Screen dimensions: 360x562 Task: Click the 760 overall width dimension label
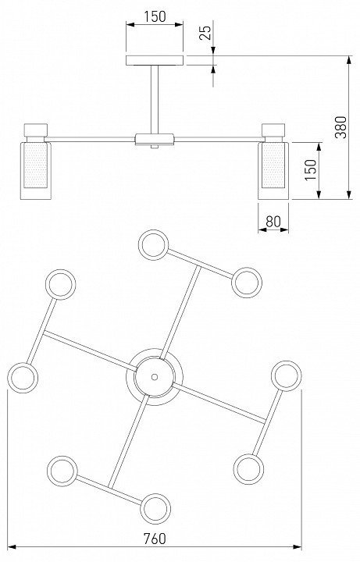155,539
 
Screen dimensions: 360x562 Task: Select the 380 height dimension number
340,127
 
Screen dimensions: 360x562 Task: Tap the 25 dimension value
205,33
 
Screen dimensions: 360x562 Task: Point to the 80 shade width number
273,222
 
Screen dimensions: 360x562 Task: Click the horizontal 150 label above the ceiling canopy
155,16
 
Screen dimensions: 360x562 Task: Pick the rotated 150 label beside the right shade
311,169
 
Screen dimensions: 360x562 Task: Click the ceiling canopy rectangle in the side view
155,61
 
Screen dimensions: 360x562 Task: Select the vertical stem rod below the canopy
155,100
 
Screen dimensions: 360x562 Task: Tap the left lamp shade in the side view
35,171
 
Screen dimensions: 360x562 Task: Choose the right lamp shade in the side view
273,171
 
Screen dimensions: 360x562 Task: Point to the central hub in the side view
155,139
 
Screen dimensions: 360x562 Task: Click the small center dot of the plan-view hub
155,377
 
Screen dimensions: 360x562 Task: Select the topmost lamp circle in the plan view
154,245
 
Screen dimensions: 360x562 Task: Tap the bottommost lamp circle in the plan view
155,509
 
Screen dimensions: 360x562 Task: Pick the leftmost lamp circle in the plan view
23,378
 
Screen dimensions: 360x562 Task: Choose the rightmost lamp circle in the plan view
286,375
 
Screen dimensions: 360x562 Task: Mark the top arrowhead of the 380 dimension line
349,60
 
